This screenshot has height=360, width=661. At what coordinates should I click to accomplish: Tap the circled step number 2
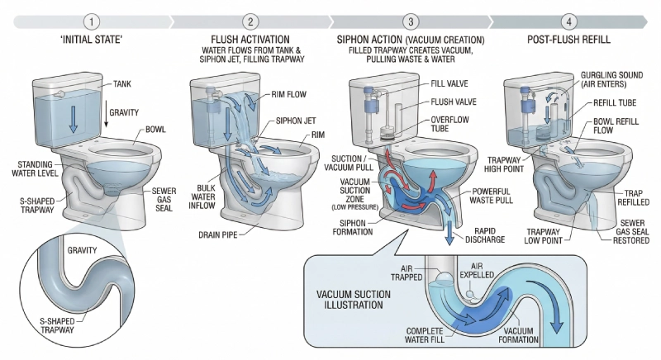(x=250, y=21)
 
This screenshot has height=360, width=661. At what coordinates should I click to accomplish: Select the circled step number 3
(x=411, y=21)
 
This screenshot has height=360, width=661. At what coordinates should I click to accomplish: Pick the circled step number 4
(x=568, y=21)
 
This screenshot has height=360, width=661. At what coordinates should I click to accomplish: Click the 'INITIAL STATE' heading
(x=91, y=40)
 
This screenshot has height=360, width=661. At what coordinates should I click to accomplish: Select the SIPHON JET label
(x=295, y=119)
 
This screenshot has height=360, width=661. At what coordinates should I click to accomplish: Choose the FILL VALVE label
(x=450, y=84)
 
